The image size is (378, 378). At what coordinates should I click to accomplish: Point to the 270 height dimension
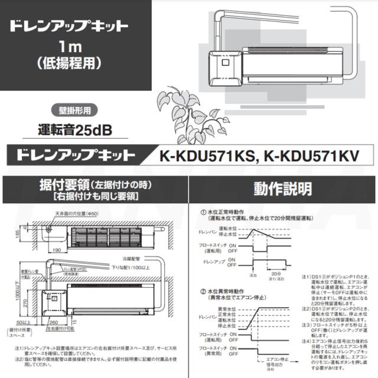24,304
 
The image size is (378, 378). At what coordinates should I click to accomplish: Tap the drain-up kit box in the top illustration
226,66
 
